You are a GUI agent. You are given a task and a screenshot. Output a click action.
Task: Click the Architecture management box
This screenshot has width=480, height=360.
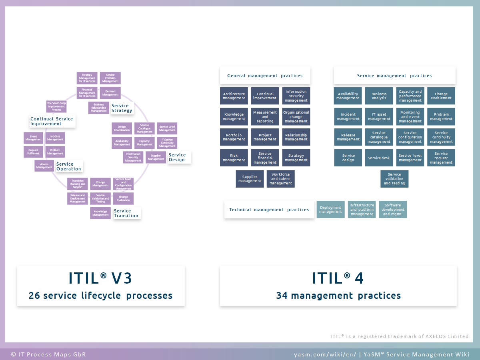coord(234,96)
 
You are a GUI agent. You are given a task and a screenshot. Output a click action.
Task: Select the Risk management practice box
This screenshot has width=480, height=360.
coord(234,158)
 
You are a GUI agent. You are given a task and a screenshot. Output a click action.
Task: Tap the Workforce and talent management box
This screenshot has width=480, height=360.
coord(281,179)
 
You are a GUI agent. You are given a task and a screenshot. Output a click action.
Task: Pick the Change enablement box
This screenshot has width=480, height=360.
coord(441,96)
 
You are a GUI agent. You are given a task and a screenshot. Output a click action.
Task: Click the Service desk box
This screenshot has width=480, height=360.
coord(379,158)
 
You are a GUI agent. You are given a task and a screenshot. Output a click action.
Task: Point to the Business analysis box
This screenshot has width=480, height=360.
coord(379,96)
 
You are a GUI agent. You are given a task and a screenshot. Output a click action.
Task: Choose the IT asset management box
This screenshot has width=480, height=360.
coord(379,116)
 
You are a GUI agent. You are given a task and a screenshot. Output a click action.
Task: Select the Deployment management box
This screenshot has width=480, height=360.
coord(330,210)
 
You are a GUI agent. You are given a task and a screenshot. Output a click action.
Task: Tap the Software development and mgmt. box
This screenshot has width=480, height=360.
coord(393,210)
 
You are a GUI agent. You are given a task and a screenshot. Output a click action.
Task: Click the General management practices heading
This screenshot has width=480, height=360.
coord(265,76)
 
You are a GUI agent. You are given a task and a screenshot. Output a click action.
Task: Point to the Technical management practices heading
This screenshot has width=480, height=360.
coord(269,210)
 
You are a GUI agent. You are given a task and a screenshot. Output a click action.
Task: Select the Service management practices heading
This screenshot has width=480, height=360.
coord(394,76)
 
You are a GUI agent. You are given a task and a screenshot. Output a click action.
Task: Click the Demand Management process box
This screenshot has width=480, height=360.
coord(110,93)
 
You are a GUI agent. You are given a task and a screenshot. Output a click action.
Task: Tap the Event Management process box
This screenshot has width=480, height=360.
coord(34,138)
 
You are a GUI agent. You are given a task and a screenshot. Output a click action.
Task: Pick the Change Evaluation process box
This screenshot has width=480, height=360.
coord(123,199)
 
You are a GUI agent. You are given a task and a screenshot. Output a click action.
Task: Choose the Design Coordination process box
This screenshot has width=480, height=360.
coord(122,128)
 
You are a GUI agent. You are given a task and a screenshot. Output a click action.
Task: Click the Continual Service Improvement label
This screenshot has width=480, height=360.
coord(52,121)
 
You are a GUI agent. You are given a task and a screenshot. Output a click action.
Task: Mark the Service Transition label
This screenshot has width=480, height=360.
coord(126,213)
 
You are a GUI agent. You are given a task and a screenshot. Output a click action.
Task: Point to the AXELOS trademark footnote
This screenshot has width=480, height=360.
coord(400,336)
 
